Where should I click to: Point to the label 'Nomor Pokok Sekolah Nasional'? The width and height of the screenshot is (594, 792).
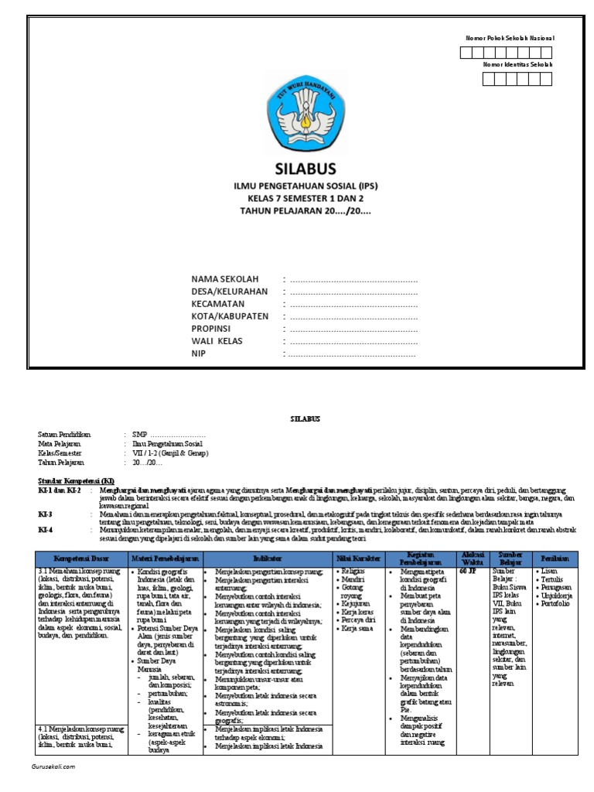pyautogui.click(x=509, y=38)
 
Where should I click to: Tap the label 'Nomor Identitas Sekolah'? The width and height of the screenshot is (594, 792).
pyautogui.click(x=517, y=64)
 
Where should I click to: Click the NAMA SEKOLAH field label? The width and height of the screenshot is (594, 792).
pyautogui.click(x=226, y=278)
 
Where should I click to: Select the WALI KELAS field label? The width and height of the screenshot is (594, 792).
pyautogui.click(x=219, y=341)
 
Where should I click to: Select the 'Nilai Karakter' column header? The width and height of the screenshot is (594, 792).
pyautogui.click(x=357, y=558)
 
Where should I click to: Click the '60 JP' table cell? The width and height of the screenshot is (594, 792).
pyautogui.click(x=468, y=572)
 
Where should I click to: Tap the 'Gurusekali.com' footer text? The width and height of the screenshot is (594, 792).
pyautogui.click(x=53, y=766)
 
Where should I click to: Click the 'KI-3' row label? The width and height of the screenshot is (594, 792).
pyautogui.click(x=45, y=514)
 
